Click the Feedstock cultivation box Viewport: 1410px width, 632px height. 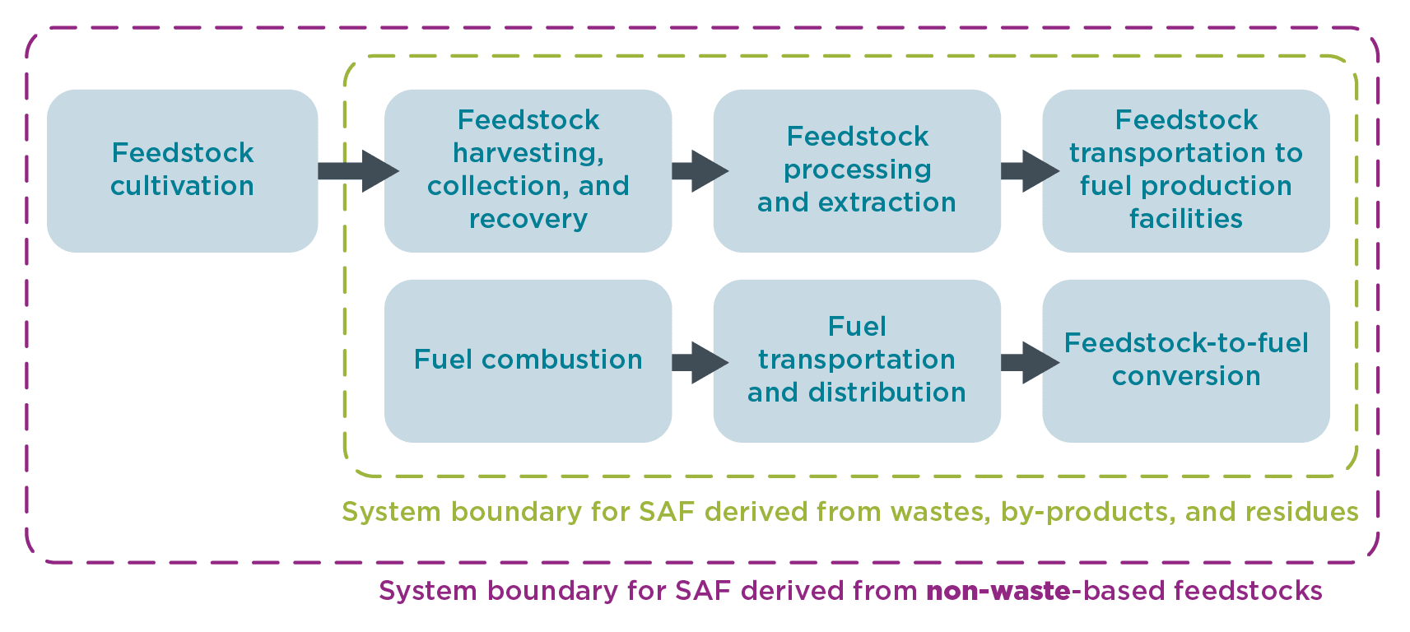182,170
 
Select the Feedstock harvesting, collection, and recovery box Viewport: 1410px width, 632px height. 528,170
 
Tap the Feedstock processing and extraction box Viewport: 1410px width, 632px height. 857,170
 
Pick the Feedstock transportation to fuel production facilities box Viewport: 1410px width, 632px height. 1186,170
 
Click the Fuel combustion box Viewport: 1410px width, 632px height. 528,360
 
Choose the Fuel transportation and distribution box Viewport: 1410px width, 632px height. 857,360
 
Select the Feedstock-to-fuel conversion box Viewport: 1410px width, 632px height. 1186,360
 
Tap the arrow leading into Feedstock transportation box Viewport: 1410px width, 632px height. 1029,171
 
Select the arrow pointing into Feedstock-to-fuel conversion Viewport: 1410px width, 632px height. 1029,362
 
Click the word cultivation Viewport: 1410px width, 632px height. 182,186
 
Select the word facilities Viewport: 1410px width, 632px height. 1186,219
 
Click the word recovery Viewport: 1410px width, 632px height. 528,219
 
